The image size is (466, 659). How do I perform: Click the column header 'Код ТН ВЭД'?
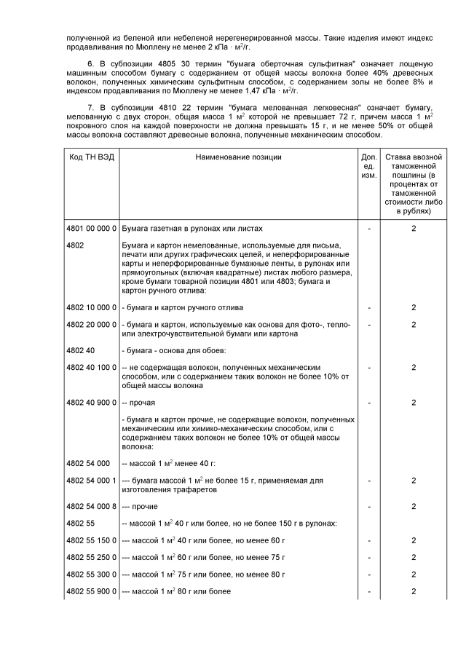point(92,157)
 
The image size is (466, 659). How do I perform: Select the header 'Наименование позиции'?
point(238,157)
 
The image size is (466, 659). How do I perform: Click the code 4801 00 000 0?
point(92,229)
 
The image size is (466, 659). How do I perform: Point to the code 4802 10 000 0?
point(92,307)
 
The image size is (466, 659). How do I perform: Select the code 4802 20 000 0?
point(92,323)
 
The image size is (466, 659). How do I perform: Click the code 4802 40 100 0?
point(92,367)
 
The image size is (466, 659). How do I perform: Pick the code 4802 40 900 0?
point(92,402)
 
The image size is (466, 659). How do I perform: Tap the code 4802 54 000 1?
point(92,481)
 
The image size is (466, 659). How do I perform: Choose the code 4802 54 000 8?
point(92,506)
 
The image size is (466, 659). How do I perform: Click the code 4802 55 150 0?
point(92,540)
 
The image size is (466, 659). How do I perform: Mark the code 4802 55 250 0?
point(92,557)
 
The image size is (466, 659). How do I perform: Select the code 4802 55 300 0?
point(92,574)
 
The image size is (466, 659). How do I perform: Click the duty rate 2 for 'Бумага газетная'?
point(414,229)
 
